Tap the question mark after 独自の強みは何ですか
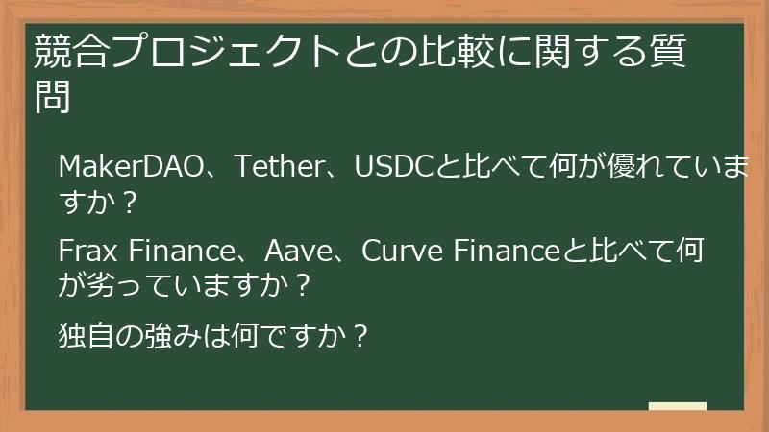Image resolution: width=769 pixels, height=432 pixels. (358, 337)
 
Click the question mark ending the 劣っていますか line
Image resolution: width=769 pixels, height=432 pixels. (302, 285)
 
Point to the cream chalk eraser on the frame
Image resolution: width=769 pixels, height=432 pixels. (677, 406)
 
